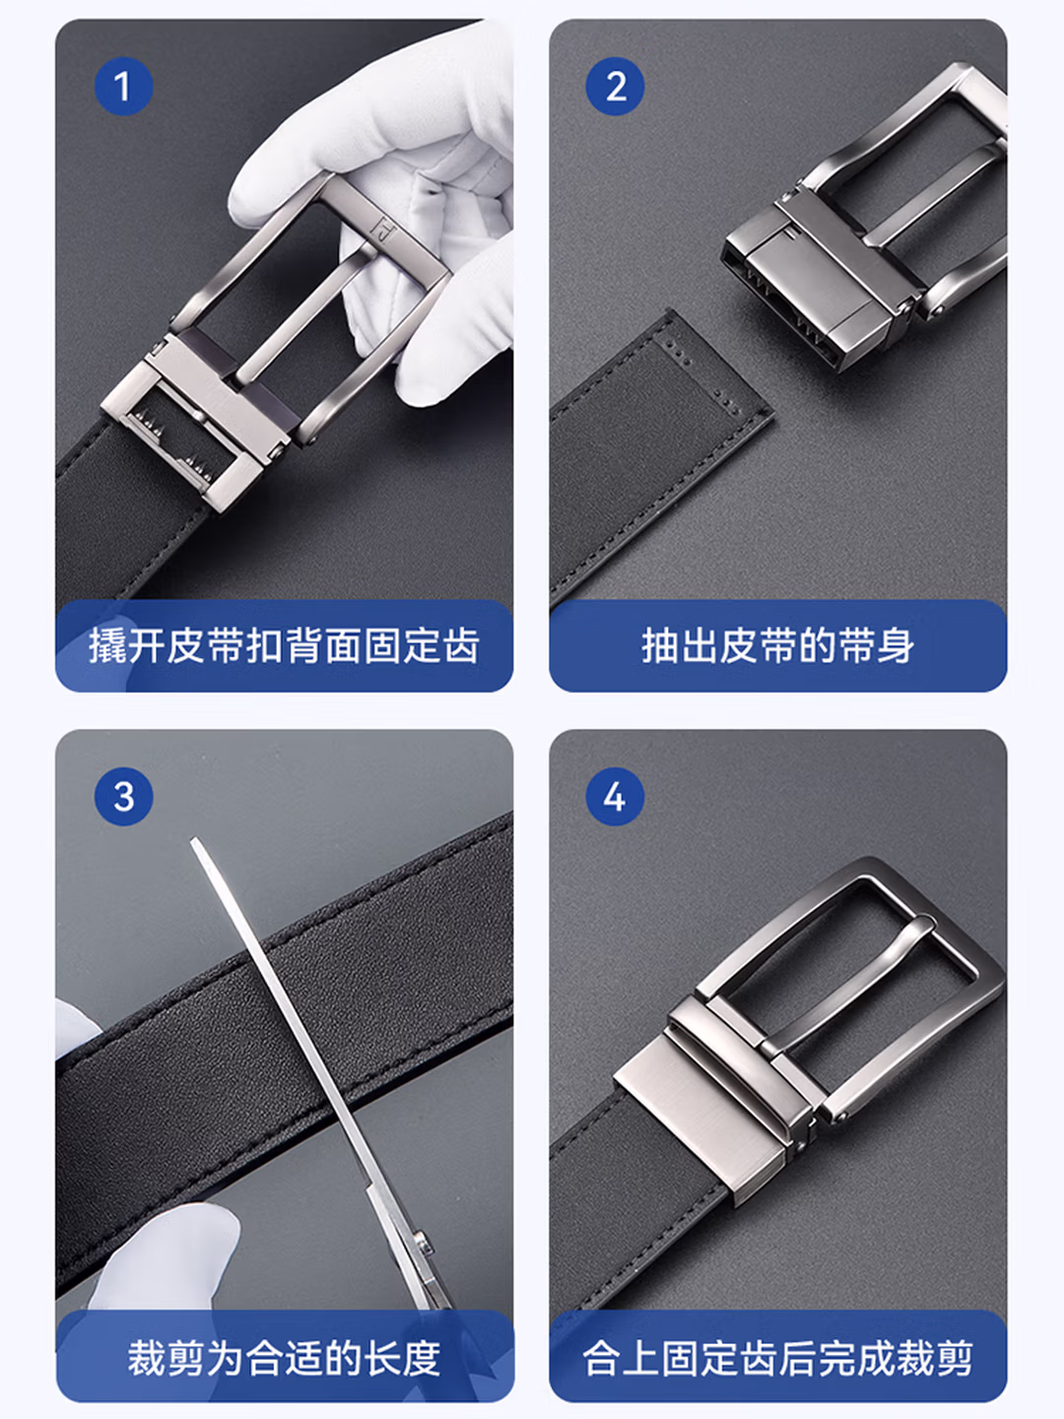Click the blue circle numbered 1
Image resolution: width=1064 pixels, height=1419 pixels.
click(x=123, y=86)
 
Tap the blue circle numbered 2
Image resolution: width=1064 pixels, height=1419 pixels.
click(x=615, y=86)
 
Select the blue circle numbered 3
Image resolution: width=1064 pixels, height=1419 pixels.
click(x=123, y=796)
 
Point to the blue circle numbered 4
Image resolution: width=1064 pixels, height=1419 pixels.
click(x=615, y=796)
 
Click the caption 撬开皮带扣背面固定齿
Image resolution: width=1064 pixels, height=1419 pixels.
click(x=285, y=645)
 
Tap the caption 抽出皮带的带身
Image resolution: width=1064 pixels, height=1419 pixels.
click(x=778, y=645)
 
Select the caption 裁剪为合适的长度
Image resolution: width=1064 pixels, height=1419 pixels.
click(x=285, y=1358)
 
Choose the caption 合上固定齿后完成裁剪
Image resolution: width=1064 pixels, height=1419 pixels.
click(x=778, y=1358)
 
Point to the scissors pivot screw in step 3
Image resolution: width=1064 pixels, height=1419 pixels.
click(x=422, y=1238)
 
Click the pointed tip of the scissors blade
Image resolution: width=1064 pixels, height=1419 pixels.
click(x=195, y=842)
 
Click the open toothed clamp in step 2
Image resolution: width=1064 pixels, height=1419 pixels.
click(x=821, y=291)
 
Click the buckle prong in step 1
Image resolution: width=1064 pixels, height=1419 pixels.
click(x=303, y=310)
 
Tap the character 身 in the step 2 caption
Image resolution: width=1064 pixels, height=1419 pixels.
click(x=896, y=645)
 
